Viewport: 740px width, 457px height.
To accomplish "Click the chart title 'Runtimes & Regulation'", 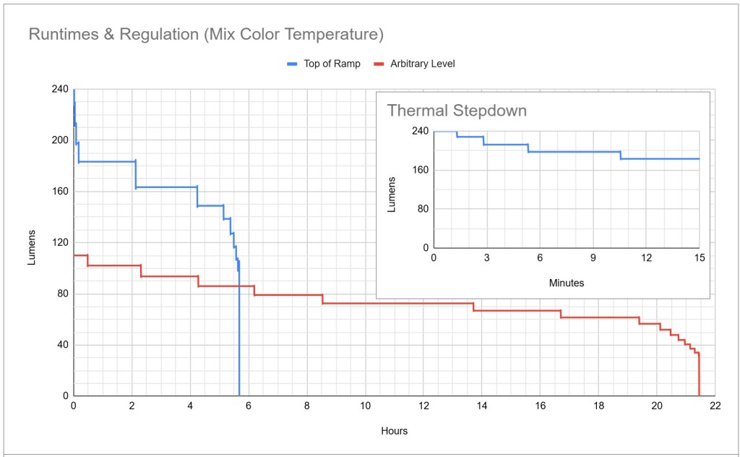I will (x=205, y=34).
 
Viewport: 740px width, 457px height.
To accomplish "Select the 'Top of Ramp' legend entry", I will (x=332, y=64).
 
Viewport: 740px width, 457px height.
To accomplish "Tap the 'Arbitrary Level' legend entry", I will (x=423, y=64).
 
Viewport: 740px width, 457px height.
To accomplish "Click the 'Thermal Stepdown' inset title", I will (x=457, y=111).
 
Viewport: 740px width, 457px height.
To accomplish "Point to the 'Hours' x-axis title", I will (x=394, y=431).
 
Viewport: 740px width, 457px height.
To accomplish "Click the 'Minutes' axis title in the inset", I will (x=566, y=283).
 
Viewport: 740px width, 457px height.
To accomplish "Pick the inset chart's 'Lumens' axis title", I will (x=392, y=194).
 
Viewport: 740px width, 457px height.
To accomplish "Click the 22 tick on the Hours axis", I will (x=715, y=406).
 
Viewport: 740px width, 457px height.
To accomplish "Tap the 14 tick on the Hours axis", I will (x=481, y=406).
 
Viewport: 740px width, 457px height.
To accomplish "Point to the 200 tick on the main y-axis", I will (x=59, y=140).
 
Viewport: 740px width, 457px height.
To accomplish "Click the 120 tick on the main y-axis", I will (x=59, y=243).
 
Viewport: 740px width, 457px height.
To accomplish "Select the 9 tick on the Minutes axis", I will (x=593, y=258).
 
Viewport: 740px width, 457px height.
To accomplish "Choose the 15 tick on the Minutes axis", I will (x=698, y=258).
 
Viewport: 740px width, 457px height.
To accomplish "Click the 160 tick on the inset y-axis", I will (x=420, y=170).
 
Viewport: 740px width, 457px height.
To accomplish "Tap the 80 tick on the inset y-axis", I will (x=422, y=209).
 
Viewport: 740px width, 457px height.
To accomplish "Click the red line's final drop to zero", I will (x=699, y=376).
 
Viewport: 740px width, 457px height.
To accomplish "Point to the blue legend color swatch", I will (x=292, y=64).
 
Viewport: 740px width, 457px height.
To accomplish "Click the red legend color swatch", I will (x=378, y=64).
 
